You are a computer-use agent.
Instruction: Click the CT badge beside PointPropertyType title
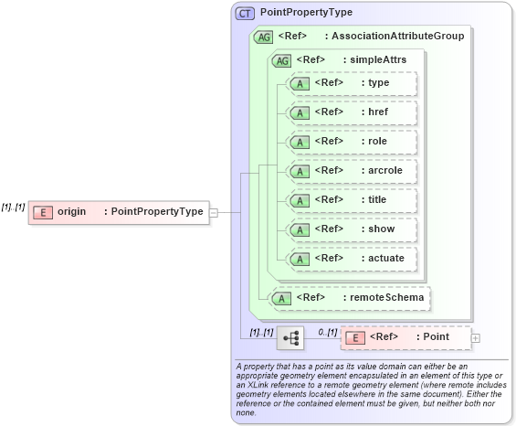[246, 14]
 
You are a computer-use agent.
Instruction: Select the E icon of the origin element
[42, 212]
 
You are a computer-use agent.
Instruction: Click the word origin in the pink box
[72, 212]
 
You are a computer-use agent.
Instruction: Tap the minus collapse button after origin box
[213, 212]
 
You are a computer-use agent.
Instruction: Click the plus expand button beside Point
[476, 337]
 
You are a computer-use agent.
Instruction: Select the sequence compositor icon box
[291, 337]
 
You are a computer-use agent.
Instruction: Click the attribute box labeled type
[351, 83]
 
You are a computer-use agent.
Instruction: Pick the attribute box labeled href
[351, 112]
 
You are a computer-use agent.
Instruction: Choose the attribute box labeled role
[351, 142]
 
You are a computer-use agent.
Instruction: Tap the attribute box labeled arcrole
[351, 171]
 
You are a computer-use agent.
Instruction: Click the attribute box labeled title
[351, 200]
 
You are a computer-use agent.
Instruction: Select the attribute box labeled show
[351, 229]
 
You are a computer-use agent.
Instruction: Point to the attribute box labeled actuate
[351, 259]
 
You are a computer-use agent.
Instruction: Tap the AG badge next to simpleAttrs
[281, 59]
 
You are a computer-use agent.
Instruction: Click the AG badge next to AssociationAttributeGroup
[263, 37]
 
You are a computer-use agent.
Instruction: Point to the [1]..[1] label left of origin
[13, 208]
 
